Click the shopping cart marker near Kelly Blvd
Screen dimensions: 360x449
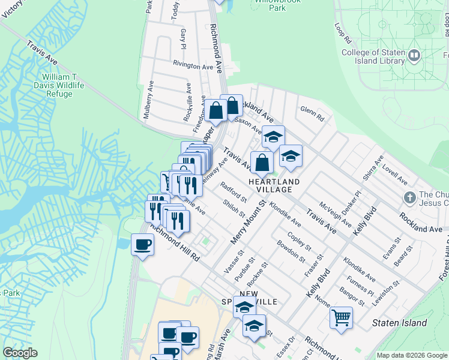coord(341,317)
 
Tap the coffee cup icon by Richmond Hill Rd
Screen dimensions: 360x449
coord(142,245)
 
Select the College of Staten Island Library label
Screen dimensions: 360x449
coord(372,56)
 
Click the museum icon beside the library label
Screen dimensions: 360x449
coord(414,56)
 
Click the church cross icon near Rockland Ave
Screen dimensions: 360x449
coord(409,197)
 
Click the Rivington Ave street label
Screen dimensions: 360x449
coord(193,65)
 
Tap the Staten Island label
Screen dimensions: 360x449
coord(399,323)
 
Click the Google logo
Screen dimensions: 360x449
coord(20,353)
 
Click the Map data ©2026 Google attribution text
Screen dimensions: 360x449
coord(412,355)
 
